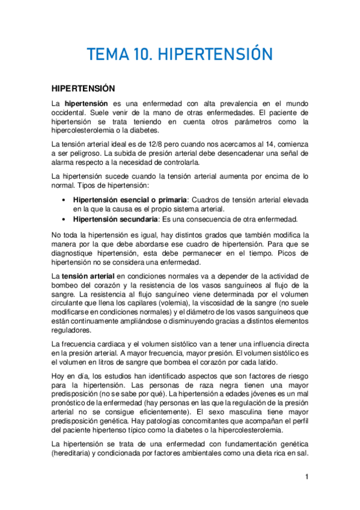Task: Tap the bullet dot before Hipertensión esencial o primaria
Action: point(64,200)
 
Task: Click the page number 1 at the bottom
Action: point(307,478)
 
